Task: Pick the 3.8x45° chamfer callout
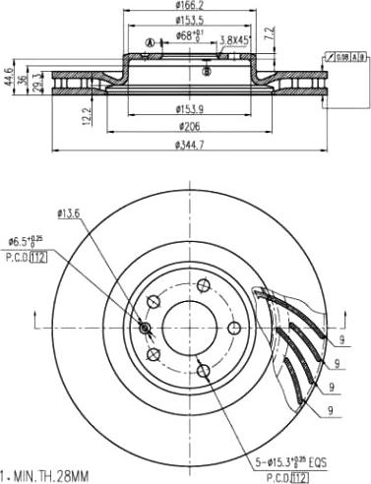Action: coord(233,40)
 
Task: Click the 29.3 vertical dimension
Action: coord(38,80)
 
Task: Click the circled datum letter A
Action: coord(150,42)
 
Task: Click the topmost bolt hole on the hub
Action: coord(203,286)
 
